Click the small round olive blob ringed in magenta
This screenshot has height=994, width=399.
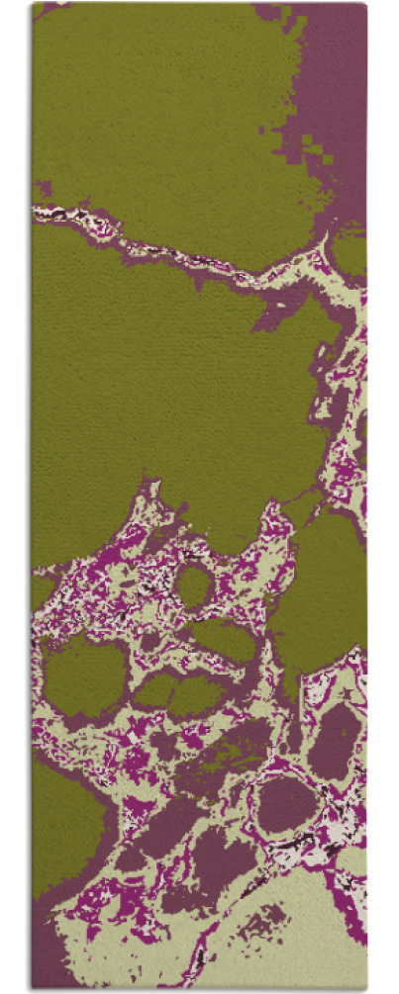194,587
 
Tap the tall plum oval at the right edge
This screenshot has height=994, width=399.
335,739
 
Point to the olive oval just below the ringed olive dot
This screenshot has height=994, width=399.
224,640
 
